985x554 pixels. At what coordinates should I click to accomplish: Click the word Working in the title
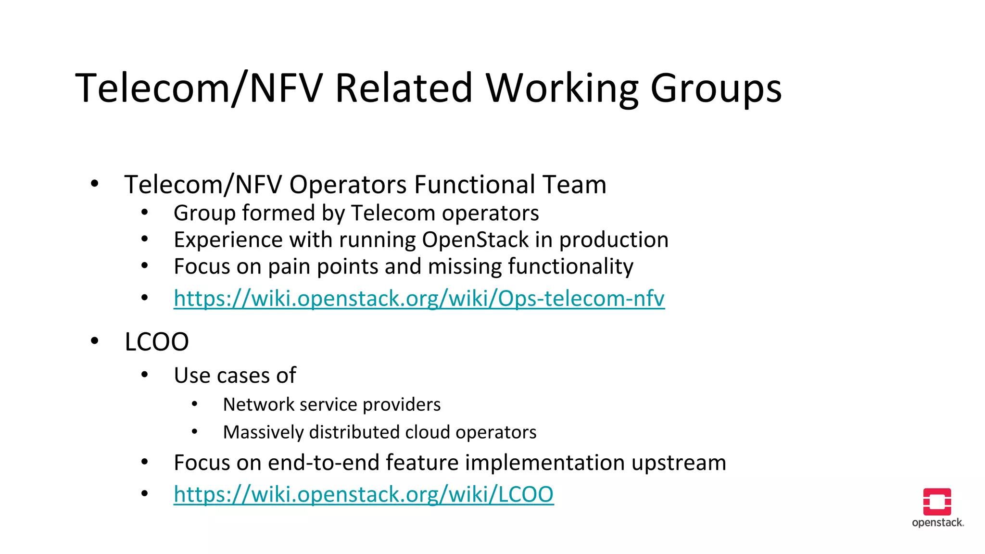(x=562, y=88)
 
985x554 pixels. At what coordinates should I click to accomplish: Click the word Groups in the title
(x=716, y=88)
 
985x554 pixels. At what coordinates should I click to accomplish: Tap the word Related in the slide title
(x=404, y=88)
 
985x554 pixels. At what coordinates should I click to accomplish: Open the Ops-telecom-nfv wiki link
(x=419, y=299)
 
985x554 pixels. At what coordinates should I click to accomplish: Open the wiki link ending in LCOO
(x=364, y=494)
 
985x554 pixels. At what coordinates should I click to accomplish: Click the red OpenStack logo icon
(x=937, y=502)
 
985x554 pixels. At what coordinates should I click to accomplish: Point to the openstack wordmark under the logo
(x=937, y=523)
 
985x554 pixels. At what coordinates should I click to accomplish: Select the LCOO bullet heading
(x=157, y=342)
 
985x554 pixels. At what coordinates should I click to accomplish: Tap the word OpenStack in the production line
(x=476, y=240)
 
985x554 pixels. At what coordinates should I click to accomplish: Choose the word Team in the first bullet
(x=574, y=185)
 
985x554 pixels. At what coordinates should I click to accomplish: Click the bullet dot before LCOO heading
(x=95, y=341)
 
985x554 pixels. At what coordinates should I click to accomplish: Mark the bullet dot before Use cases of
(x=144, y=375)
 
